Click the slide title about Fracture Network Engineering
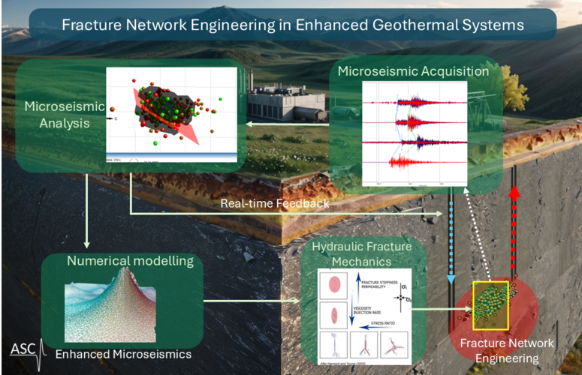pos(293,25)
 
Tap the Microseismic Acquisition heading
pos(414,72)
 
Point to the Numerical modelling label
pos(131,262)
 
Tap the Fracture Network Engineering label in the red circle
pos(507,351)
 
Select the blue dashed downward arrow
pos(451,232)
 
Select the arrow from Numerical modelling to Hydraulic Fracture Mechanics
pos(251,303)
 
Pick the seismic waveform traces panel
pos(415,133)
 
